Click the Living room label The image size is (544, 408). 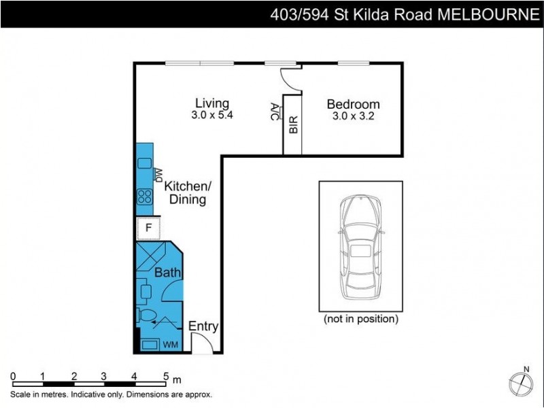pyautogui.click(x=212, y=103)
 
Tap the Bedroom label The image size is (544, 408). pyautogui.click(x=353, y=104)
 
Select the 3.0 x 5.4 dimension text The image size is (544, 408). pyautogui.click(x=212, y=116)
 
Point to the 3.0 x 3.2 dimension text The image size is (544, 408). pyautogui.click(x=354, y=116)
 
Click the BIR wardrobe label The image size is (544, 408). pyautogui.click(x=293, y=125)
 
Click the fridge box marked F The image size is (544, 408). pyautogui.click(x=148, y=228)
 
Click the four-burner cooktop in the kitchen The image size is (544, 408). pyautogui.click(x=145, y=197)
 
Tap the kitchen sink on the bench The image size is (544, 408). pyautogui.click(x=144, y=163)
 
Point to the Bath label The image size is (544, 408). pyautogui.click(x=167, y=273)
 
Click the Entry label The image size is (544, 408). pyautogui.click(x=203, y=326)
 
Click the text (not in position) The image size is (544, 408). pyautogui.click(x=360, y=318)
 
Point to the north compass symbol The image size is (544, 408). pyautogui.click(x=521, y=382)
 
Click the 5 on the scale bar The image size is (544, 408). pyautogui.click(x=165, y=375)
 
